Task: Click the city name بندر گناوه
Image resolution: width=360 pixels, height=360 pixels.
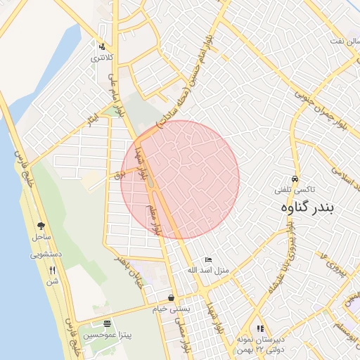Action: pyautogui.click(x=308, y=207)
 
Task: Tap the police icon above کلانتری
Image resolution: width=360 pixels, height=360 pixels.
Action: pyautogui.click(x=102, y=47)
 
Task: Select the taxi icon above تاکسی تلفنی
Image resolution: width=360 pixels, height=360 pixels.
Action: pyautogui.click(x=295, y=179)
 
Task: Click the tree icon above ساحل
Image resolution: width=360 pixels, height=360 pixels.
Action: pyautogui.click(x=41, y=226)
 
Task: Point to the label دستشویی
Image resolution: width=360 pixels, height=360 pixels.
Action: pyautogui.click(x=46, y=254)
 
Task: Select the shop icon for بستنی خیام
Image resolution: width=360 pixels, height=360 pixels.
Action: pyautogui.click(x=172, y=297)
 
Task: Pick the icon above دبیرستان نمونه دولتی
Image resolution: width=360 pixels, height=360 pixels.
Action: pyautogui.click(x=259, y=328)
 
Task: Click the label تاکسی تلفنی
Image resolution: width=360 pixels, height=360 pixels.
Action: pyautogui.click(x=295, y=191)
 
